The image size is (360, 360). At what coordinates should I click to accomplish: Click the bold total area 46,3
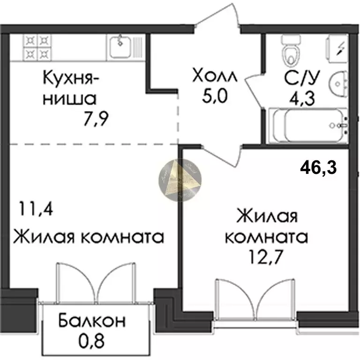point(319,166)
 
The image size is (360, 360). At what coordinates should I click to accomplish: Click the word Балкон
point(92,321)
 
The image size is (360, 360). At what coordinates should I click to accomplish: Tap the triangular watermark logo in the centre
point(180,179)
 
